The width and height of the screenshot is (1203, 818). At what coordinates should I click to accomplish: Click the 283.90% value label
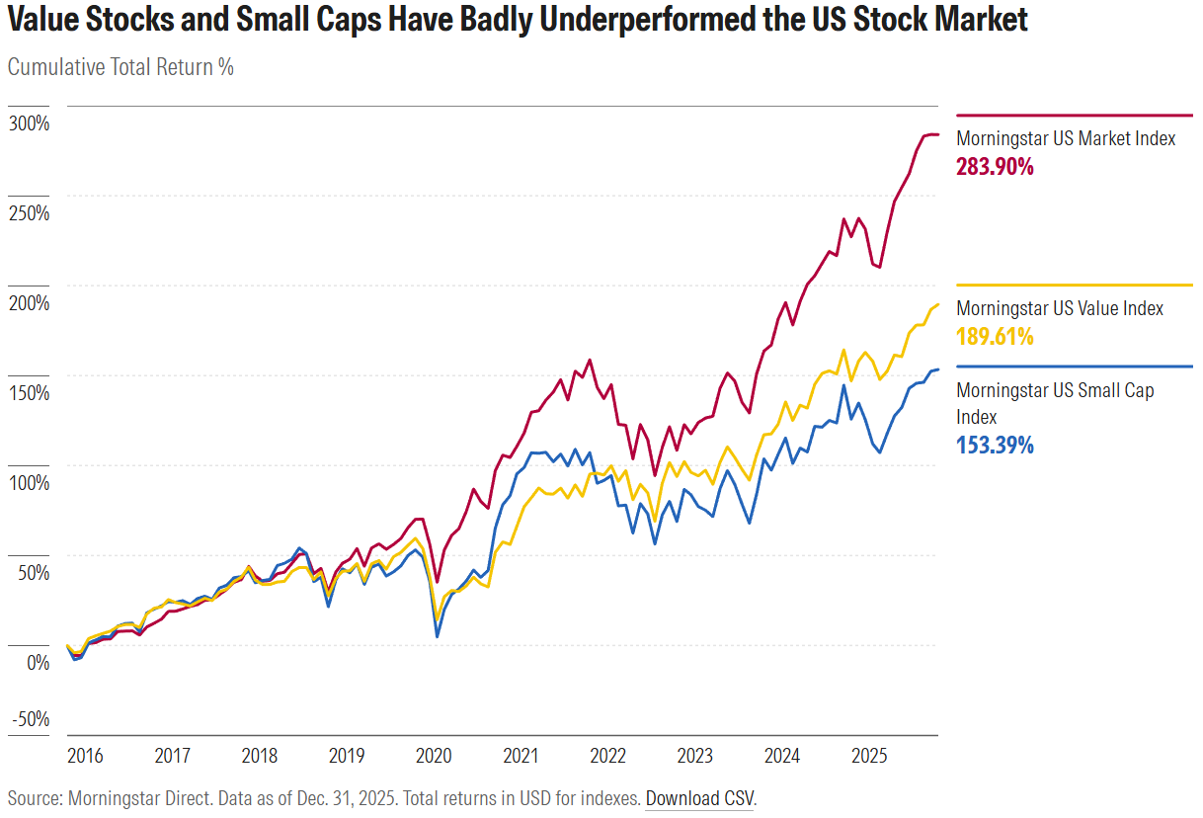tap(995, 167)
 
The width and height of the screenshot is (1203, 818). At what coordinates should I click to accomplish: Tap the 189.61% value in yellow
tap(995, 337)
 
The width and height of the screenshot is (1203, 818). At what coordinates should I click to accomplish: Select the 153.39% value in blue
tap(995, 445)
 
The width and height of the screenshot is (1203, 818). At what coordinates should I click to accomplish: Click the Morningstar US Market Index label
tap(1066, 138)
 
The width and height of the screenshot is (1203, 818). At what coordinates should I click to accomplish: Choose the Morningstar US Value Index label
tap(1060, 308)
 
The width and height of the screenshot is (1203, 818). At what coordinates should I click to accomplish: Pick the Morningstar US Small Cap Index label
tap(1055, 403)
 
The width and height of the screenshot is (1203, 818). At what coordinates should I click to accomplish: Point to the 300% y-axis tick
tap(31, 123)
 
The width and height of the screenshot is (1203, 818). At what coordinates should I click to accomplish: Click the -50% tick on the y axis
tap(31, 718)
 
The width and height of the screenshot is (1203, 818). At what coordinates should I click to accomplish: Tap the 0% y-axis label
tap(38, 662)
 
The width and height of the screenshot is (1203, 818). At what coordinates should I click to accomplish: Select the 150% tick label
tap(31, 392)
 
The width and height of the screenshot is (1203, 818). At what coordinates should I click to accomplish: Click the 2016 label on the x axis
tap(85, 757)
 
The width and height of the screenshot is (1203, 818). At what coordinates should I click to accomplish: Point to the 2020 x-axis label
tap(434, 757)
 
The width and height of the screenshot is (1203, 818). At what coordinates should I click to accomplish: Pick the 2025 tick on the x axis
tap(869, 757)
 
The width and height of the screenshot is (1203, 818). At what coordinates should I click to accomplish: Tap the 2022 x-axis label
tap(607, 757)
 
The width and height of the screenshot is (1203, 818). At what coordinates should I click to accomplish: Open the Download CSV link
tap(700, 798)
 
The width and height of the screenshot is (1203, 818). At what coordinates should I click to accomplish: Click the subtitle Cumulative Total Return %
tap(120, 67)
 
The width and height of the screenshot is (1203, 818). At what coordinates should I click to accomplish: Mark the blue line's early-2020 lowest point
tap(438, 636)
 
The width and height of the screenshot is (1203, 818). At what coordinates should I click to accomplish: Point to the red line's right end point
tap(937, 134)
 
